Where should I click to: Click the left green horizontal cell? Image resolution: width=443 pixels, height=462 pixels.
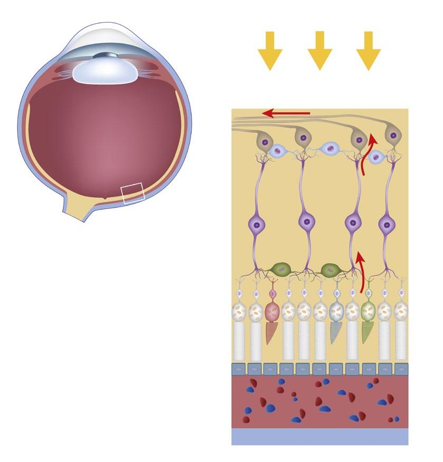point(281,270)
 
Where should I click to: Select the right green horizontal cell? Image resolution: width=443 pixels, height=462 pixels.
point(331,270)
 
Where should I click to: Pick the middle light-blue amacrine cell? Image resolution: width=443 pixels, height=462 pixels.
point(328,149)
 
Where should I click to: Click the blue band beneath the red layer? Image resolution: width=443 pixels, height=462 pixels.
point(319,437)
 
